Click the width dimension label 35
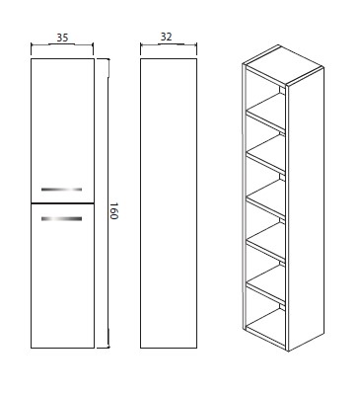62,38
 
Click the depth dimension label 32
167,37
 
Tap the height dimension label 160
113,211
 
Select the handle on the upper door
61,190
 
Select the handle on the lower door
61,218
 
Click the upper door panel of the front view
62,130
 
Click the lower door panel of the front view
62,275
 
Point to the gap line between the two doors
62,203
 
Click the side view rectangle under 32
169,203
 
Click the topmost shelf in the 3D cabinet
266,111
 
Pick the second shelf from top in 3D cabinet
266,153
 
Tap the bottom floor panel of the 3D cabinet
266,328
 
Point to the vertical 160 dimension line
108,203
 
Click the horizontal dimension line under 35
62,44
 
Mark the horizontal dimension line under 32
169,44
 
